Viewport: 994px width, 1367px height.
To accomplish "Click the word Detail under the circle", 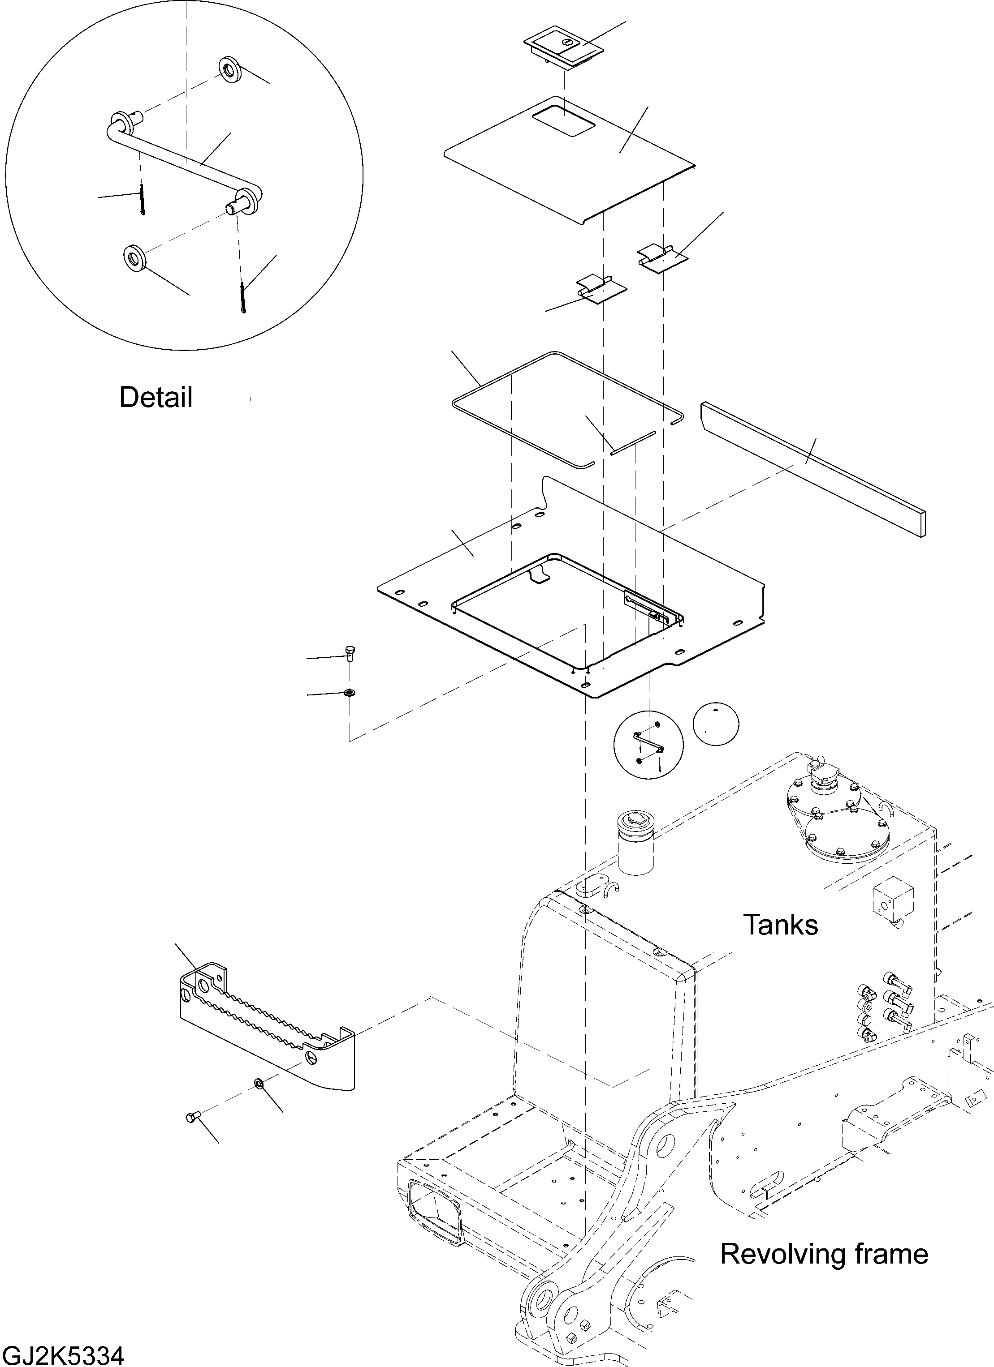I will [x=156, y=398].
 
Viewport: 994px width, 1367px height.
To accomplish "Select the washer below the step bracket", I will [x=259, y=1085].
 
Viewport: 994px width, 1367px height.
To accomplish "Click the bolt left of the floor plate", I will [x=350, y=653].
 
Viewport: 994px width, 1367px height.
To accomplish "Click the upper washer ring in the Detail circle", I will [x=230, y=70].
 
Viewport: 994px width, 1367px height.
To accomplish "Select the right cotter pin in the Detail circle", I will [x=242, y=298].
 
